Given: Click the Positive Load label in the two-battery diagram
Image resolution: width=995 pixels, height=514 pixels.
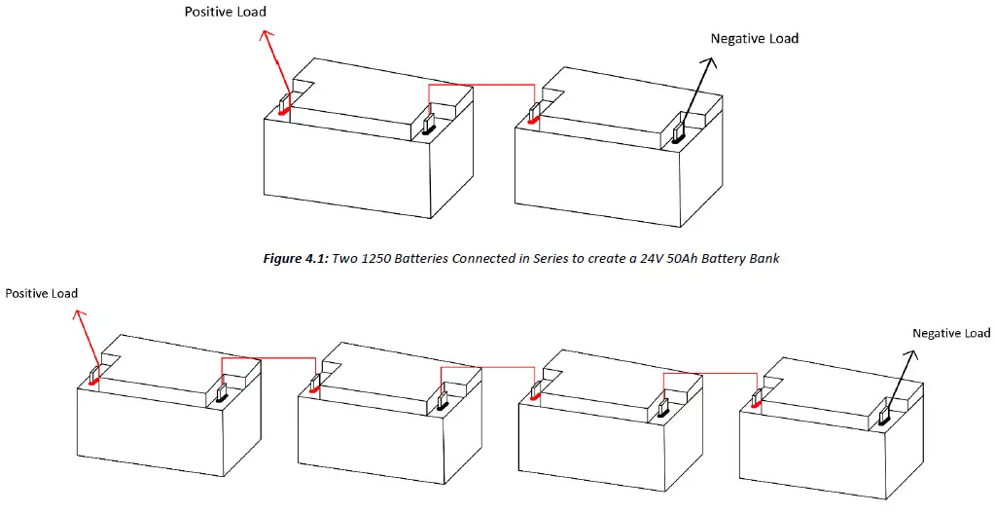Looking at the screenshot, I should pos(226,13).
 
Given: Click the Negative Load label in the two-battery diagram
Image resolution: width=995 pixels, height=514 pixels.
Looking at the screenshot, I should pos(754,39).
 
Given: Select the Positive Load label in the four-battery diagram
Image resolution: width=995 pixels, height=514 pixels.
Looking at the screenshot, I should pos(41,293).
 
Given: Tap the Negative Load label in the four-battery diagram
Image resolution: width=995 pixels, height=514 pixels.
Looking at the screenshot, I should pos(950,333).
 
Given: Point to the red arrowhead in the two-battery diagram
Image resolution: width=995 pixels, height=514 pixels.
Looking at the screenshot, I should pos(266,35).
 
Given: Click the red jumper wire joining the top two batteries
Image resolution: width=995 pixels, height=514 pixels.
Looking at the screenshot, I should pos(481,85).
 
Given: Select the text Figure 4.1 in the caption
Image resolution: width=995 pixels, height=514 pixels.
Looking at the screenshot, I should pos(296,259).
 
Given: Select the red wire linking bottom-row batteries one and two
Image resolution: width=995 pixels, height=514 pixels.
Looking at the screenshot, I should pos(268,359).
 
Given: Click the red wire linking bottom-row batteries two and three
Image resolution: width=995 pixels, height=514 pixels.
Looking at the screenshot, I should pos(487,368).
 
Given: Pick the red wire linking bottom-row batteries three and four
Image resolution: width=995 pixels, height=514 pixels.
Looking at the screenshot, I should pos(709,373).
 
